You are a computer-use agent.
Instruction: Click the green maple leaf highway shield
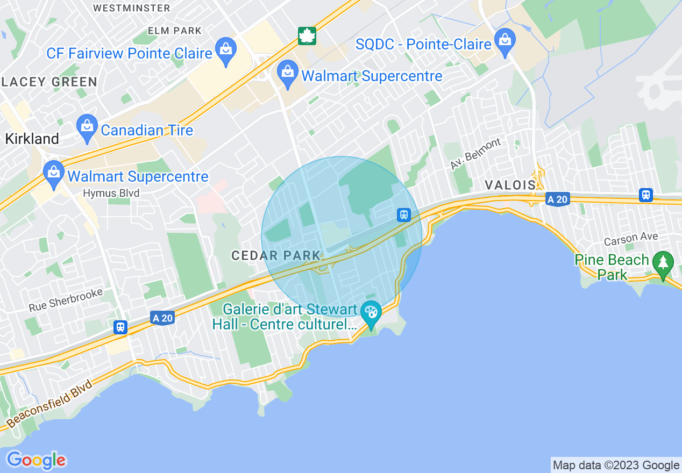click(307, 36)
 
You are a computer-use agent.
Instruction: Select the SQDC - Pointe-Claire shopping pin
click(505, 41)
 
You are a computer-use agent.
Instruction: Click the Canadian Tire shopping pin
click(87, 127)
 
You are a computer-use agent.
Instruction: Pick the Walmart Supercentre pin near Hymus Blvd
click(53, 173)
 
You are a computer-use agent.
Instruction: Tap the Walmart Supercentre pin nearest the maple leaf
click(288, 73)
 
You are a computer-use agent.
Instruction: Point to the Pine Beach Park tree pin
click(663, 263)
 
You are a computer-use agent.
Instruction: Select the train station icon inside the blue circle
click(403, 215)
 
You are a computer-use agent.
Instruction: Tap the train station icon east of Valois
click(646, 195)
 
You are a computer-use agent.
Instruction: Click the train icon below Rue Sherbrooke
click(120, 327)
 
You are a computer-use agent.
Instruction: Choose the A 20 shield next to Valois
click(557, 199)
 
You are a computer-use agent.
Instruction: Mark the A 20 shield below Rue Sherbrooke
click(162, 318)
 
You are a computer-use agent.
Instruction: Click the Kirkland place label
click(32, 139)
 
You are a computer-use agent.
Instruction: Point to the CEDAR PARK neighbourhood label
click(276, 256)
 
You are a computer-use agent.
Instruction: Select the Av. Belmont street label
click(475, 154)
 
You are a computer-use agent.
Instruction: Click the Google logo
click(36, 460)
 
